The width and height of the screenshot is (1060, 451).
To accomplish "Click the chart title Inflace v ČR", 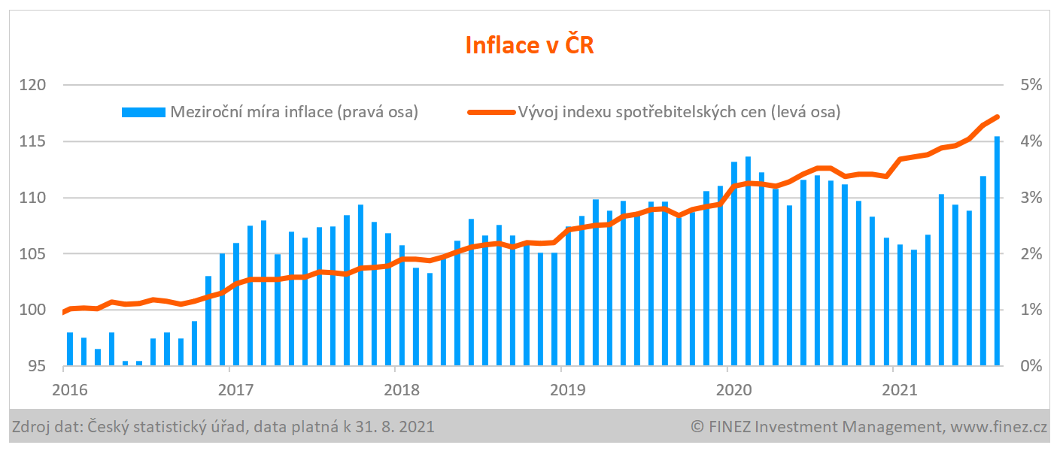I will pyautogui.click(x=530, y=44).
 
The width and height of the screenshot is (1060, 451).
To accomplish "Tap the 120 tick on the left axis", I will pyautogui.click(x=33, y=85).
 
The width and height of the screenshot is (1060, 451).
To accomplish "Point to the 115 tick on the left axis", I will pyautogui.click(x=33, y=141).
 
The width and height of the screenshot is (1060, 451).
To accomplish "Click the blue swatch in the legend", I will pyautogui.click(x=143, y=112).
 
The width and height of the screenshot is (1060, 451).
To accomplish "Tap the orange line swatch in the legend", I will pyautogui.click(x=491, y=112).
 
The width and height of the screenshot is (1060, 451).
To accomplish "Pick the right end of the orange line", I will pyautogui.click(x=997, y=117).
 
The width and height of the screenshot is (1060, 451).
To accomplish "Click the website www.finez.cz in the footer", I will pyautogui.click(x=998, y=428).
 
